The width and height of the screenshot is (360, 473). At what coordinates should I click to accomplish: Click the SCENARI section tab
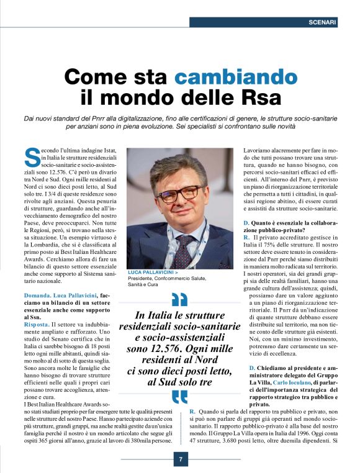[x=322, y=22]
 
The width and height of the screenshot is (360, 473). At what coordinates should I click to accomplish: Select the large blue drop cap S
[x=30, y=158]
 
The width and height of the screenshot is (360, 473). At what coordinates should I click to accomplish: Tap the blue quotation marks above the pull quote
[x=179, y=299]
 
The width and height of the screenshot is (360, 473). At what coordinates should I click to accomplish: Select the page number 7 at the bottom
[x=180, y=459]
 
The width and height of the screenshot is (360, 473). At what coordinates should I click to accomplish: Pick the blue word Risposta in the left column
[x=38, y=323]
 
